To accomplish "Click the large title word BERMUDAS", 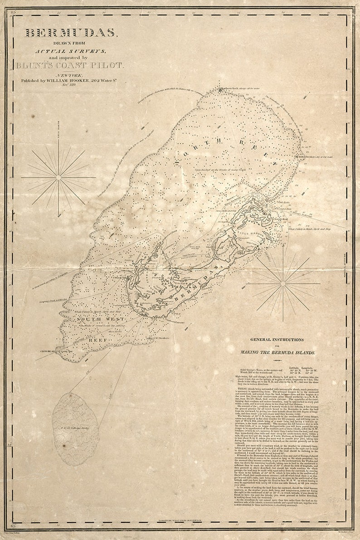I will (x=71, y=33).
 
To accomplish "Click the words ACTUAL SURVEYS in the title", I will (x=71, y=50).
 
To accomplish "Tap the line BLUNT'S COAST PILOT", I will (x=69, y=65).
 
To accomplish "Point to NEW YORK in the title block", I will (x=69, y=74).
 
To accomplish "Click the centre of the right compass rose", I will (x=282, y=284).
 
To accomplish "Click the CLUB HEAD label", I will (x=47, y=350).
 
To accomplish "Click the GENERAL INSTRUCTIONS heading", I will (x=277, y=339).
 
